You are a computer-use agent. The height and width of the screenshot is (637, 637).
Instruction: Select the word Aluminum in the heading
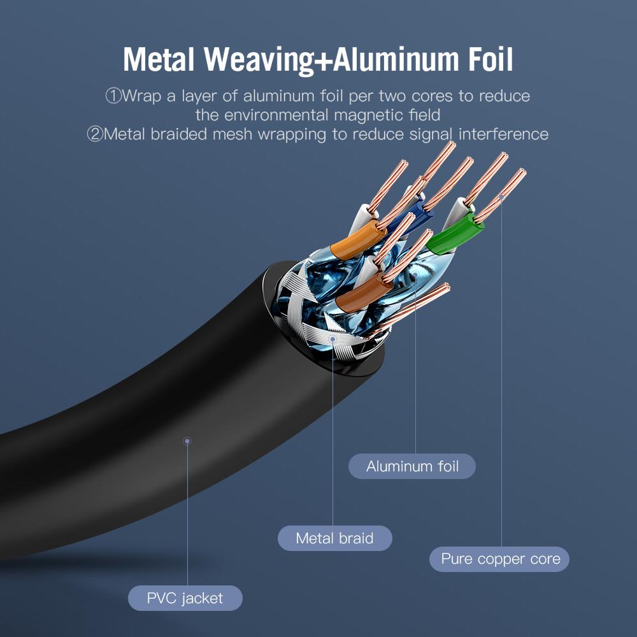(x=395, y=59)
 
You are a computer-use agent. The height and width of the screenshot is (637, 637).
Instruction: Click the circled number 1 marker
(x=113, y=97)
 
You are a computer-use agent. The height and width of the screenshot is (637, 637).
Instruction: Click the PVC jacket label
(x=185, y=598)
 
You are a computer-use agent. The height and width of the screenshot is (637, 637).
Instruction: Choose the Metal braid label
(x=334, y=538)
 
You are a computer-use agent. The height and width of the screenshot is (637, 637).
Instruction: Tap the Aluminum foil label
(x=412, y=466)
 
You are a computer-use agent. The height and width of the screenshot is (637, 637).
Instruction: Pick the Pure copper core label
(x=501, y=559)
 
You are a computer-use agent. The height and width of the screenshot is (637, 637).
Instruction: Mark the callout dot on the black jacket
(x=187, y=440)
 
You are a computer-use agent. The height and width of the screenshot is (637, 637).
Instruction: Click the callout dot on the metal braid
(x=333, y=340)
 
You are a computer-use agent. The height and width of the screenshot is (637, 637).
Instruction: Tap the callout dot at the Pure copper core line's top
(x=501, y=197)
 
